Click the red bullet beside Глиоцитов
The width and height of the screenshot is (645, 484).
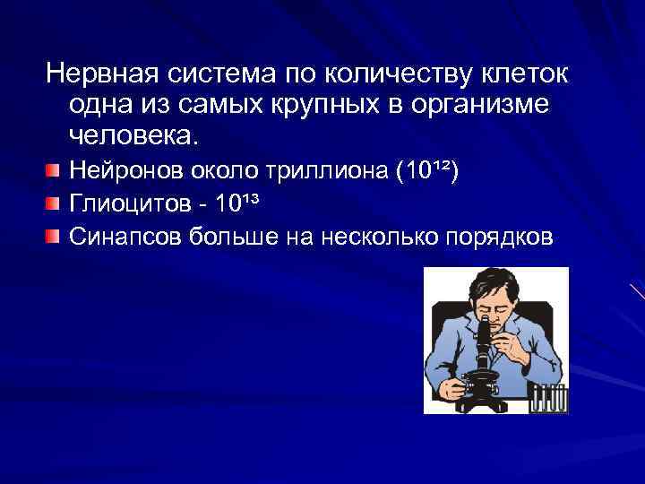(x=55, y=204)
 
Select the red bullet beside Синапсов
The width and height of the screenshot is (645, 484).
(x=55, y=237)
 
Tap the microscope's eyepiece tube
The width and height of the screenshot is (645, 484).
(x=484, y=335)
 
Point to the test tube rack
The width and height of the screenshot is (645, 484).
(x=548, y=399)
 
